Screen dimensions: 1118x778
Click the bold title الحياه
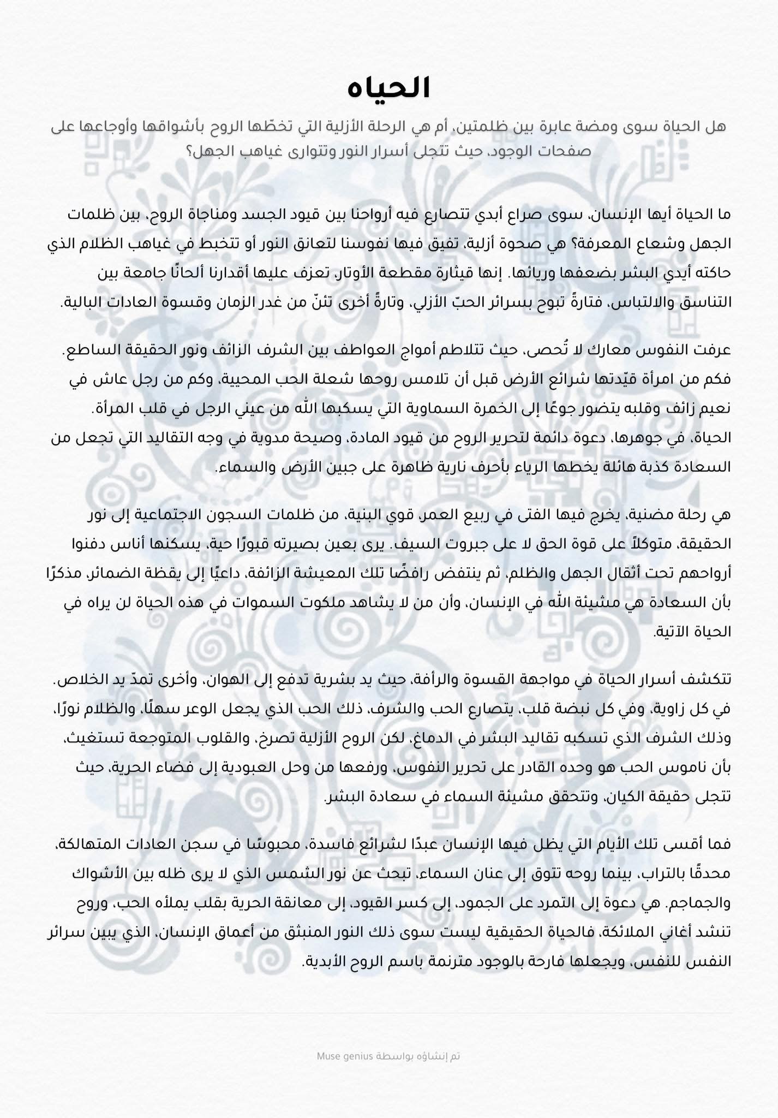389,87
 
